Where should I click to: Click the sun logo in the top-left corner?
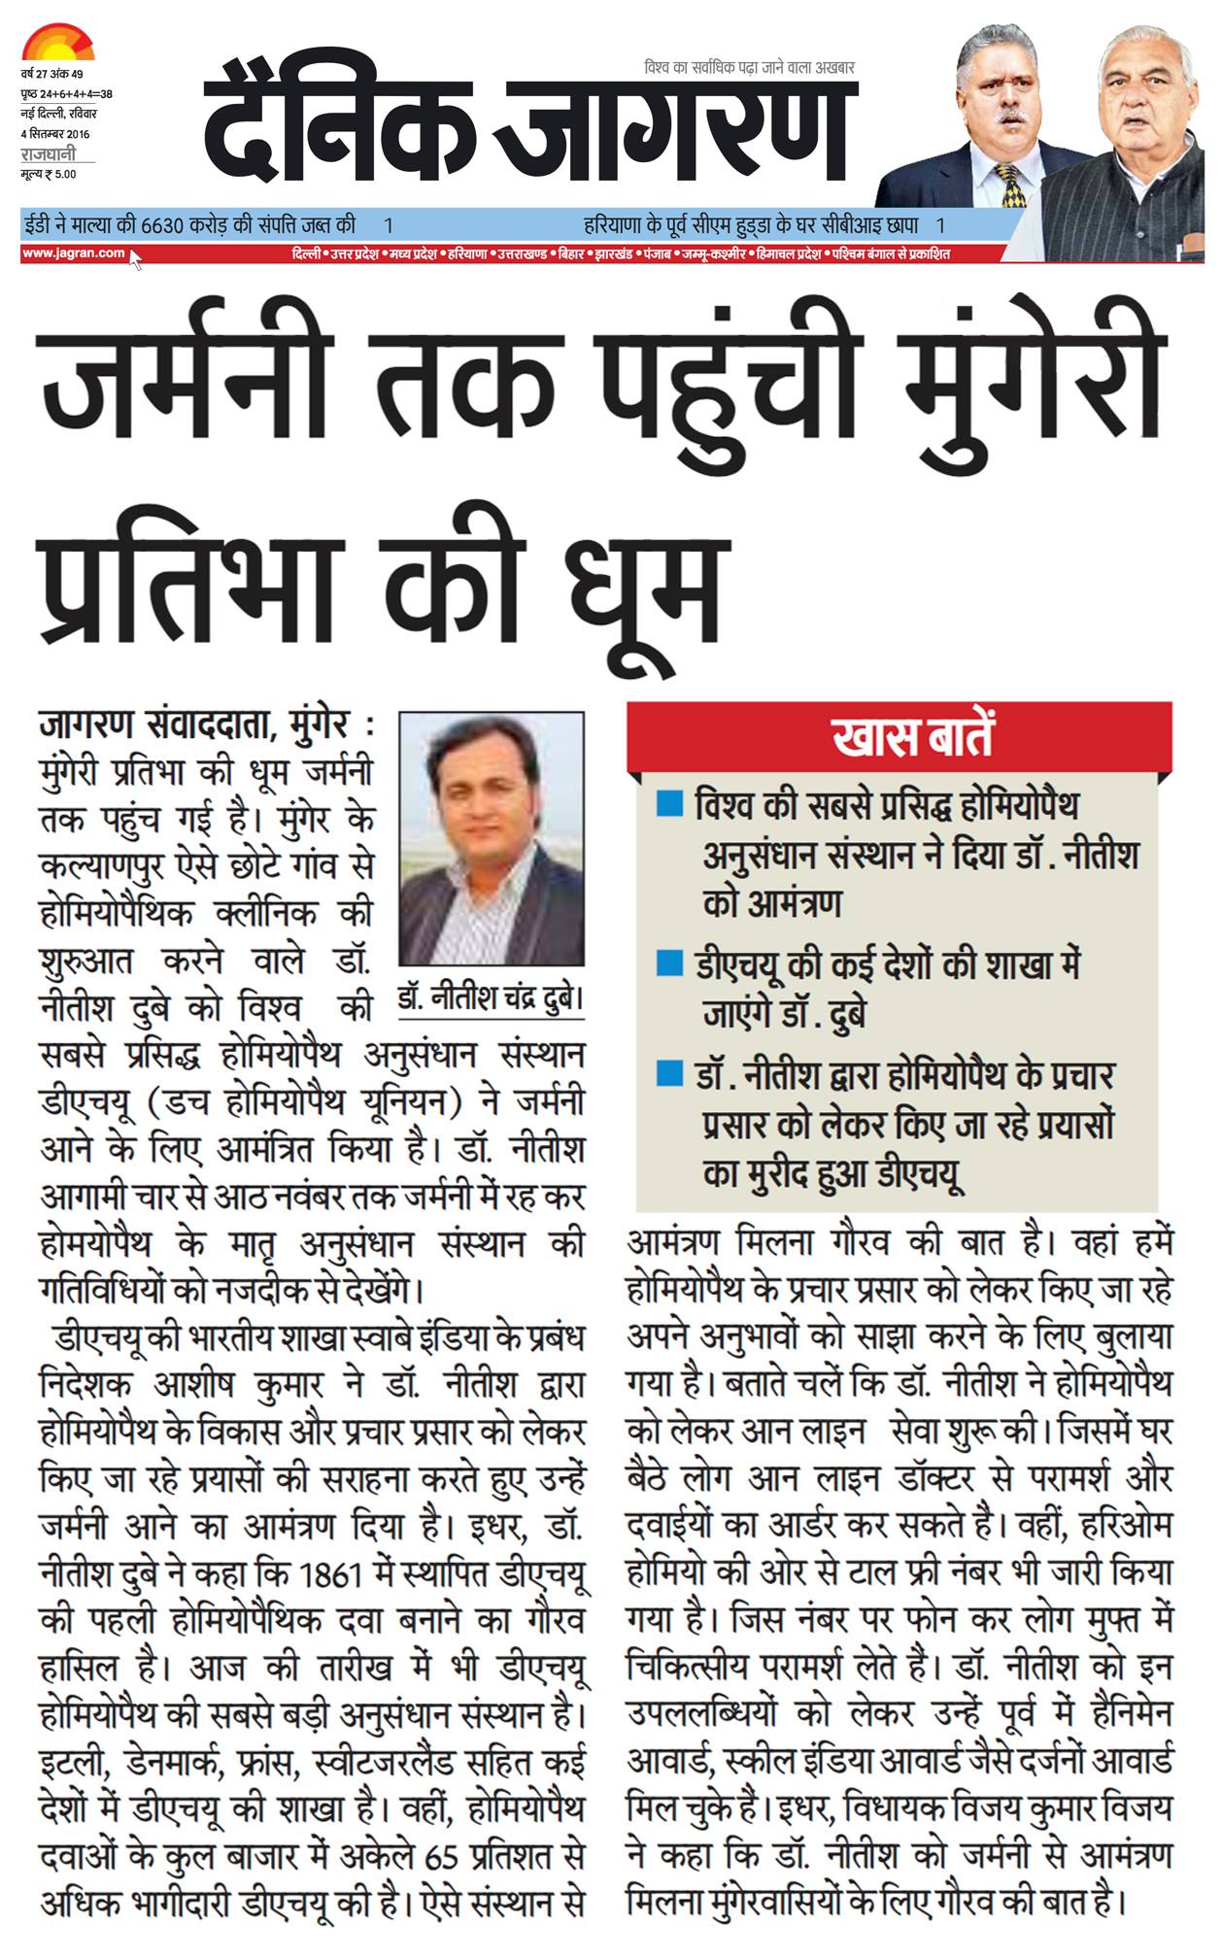[57, 44]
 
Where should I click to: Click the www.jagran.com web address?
[73, 253]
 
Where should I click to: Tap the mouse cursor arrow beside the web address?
[135, 259]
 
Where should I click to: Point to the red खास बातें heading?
[912, 736]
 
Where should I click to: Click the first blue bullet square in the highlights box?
[669, 805]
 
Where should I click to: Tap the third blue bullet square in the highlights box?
[669, 1073]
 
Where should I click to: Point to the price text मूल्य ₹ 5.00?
[48, 174]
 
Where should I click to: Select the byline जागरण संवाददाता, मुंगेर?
[194, 726]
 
